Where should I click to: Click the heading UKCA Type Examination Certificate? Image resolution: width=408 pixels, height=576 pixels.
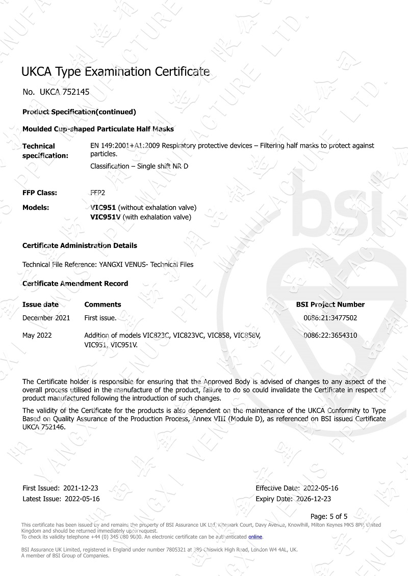click(x=115, y=71)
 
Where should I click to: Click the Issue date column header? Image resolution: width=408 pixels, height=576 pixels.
click(x=40, y=305)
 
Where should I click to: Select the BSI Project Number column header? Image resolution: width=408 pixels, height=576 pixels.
click(x=330, y=305)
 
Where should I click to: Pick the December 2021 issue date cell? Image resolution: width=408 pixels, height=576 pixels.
click(x=46, y=318)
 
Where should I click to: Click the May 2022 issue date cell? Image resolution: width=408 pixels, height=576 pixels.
click(x=37, y=336)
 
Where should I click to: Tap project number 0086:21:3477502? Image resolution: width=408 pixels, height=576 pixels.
click(x=330, y=318)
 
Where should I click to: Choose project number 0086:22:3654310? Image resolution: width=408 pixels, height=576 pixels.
click(x=330, y=336)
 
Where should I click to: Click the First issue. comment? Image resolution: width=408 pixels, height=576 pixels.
click(x=100, y=318)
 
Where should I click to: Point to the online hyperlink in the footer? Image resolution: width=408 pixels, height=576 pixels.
click(x=255, y=537)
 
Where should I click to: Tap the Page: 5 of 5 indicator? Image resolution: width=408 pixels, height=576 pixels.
click(x=329, y=516)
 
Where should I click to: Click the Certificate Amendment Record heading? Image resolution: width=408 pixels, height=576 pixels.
click(x=75, y=283)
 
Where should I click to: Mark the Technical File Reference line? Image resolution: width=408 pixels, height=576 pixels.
click(x=108, y=264)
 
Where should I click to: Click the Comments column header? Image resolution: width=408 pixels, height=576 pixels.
click(x=103, y=305)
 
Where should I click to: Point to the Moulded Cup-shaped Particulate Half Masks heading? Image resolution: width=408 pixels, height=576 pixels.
click(x=98, y=129)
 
